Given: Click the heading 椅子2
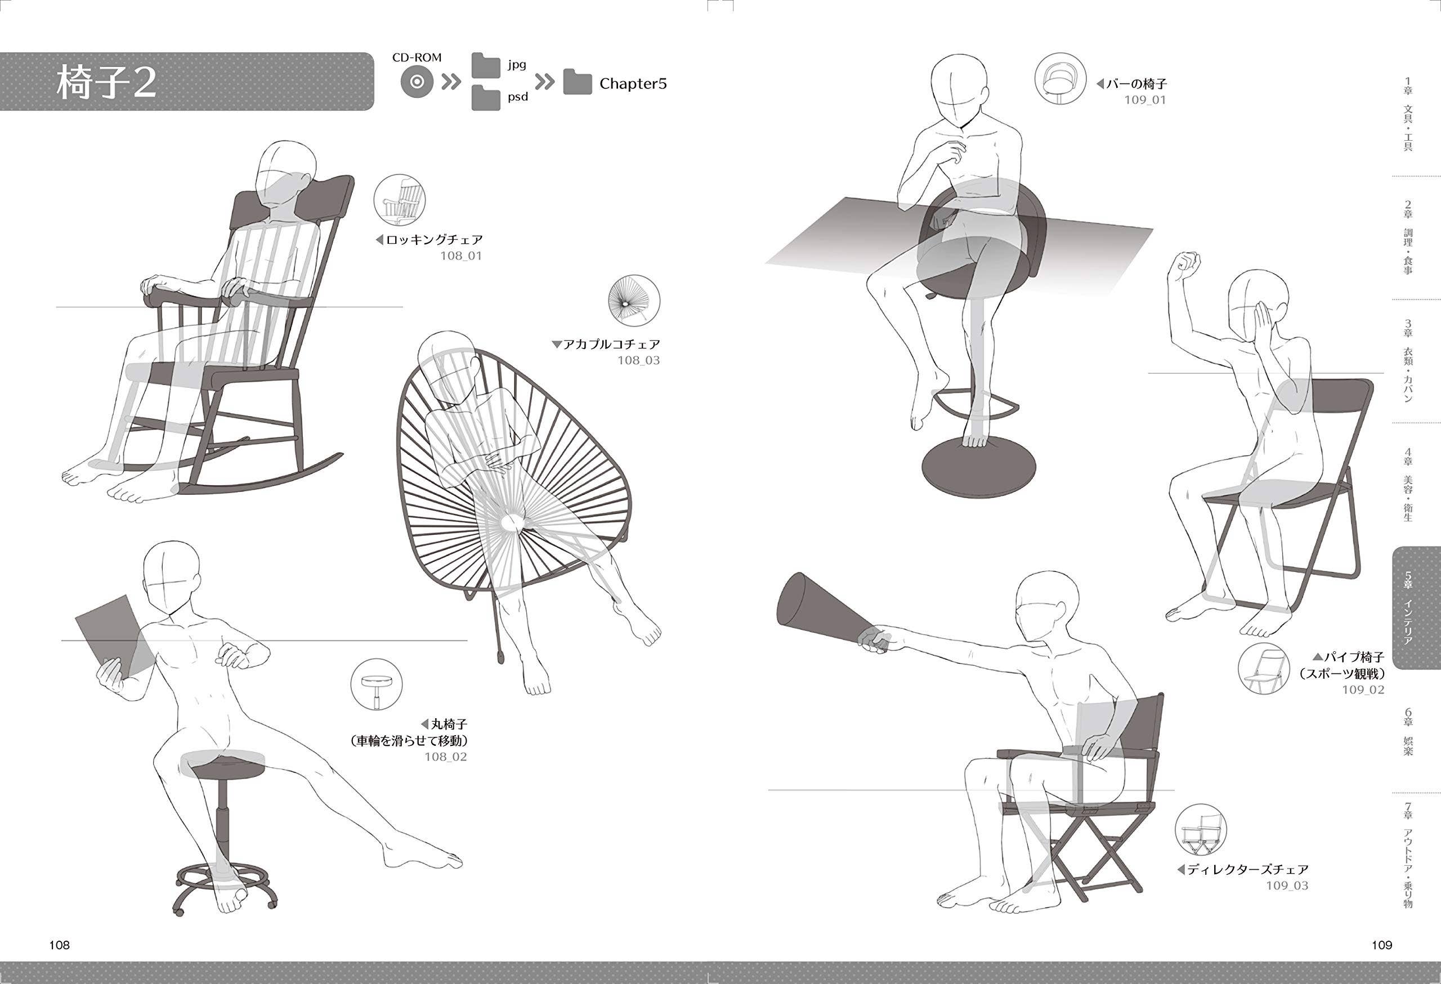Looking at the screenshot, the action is click(x=106, y=83).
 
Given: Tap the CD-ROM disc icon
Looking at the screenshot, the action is click(x=417, y=82).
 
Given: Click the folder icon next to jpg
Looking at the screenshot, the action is click(x=486, y=65).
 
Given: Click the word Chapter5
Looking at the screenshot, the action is click(x=633, y=84).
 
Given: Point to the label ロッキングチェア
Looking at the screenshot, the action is click(x=434, y=239).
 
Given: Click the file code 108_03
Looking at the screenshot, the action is click(x=639, y=360).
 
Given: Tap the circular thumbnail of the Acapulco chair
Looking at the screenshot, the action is click(x=634, y=301).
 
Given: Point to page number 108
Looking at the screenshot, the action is click(x=60, y=945).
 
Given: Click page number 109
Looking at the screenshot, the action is click(x=1382, y=945).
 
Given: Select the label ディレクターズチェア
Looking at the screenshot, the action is click(x=1247, y=869).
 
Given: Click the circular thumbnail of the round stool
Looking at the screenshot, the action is click(x=377, y=685).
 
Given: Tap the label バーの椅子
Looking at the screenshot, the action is click(x=1136, y=84).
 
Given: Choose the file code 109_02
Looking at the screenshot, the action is click(x=1363, y=690).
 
